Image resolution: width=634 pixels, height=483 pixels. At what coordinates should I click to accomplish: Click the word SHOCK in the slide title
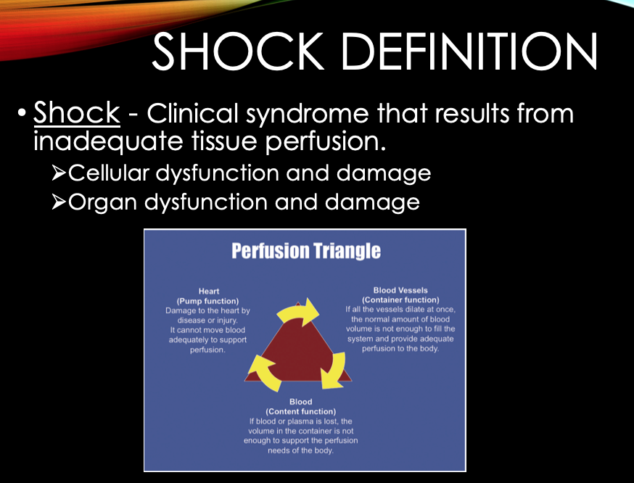(x=238, y=51)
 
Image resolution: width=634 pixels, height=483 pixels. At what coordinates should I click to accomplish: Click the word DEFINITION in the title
(x=470, y=51)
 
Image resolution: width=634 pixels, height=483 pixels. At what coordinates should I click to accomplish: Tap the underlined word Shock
(x=77, y=112)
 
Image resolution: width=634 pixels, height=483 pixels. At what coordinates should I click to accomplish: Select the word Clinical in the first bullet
(x=192, y=112)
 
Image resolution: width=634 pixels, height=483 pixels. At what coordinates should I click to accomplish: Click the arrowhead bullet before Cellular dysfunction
(x=59, y=173)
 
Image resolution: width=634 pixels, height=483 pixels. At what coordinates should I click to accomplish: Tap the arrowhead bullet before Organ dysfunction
(x=59, y=202)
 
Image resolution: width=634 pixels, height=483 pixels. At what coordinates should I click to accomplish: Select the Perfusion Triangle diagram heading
(x=306, y=251)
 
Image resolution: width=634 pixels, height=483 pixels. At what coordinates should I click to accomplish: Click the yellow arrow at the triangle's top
(x=298, y=312)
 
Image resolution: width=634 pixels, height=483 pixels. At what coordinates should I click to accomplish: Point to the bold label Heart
(x=209, y=291)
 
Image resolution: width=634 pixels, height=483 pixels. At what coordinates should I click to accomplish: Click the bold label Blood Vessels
(x=400, y=290)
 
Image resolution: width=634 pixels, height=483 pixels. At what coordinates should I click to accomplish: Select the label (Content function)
(x=301, y=411)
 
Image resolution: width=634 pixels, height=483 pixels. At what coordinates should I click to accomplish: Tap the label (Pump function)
(x=208, y=301)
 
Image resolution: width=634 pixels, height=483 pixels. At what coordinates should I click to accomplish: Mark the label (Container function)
(x=400, y=300)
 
